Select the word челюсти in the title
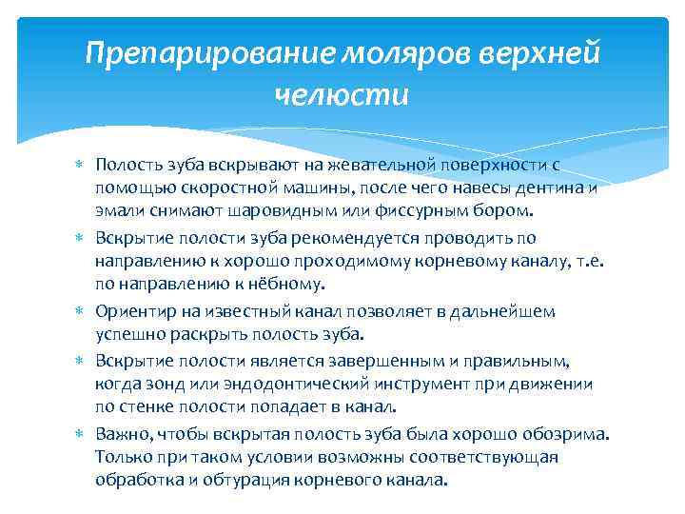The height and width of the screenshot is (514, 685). (x=342, y=95)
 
